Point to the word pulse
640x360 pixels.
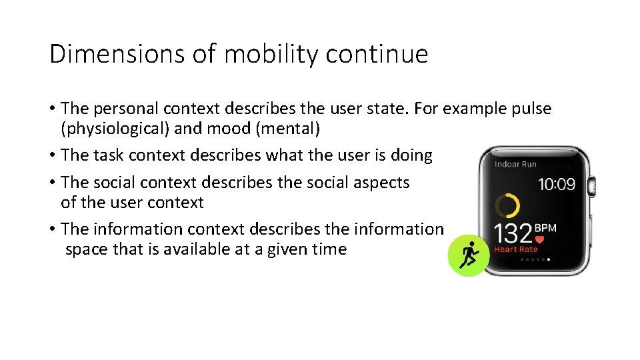(x=531, y=109)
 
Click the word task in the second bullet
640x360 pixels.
(x=108, y=155)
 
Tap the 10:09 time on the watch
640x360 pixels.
(x=556, y=184)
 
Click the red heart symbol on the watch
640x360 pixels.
(x=539, y=239)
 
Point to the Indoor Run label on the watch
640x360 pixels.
(x=515, y=164)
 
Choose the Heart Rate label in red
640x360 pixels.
(x=515, y=249)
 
